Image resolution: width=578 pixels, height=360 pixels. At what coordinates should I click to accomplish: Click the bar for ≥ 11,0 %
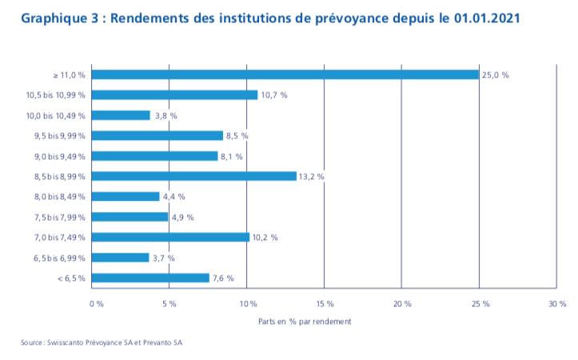pyautogui.click(x=285, y=74)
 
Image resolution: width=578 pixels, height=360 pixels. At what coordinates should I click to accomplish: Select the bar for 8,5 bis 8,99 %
pyautogui.click(x=193, y=176)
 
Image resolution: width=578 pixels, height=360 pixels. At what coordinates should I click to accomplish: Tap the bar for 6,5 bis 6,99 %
pyautogui.click(x=120, y=258)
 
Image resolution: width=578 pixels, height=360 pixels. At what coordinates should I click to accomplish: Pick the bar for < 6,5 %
pyautogui.click(x=150, y=278)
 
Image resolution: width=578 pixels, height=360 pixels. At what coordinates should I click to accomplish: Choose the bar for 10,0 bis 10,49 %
pyautogui.click(x=121, y=115)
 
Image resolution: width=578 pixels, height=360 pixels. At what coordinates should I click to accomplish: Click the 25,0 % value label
pyautogui.click(x=495, y=74)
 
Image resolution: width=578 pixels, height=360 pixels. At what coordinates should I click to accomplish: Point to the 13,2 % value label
pyautogui.click(x=312, y=176)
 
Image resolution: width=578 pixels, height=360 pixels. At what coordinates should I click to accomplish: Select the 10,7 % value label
pyautogui.click(x=273, y=94)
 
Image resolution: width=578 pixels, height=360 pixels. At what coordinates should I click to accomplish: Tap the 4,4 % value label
pyautogui.click(x=173, y=197)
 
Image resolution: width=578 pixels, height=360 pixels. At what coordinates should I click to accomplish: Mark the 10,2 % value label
pyautogui.click(x=265, y=238)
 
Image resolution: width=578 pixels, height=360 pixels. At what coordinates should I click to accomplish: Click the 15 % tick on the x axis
pyautogui.click(x=325, y=304)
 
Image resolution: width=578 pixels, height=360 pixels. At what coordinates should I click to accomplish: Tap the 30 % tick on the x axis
pyautogui.click(x=556, y=304)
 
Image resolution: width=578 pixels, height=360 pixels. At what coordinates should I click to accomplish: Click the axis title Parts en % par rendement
pyautogui.click(x=305, y=321)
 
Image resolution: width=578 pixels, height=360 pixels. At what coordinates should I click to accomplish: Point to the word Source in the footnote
pyautogui.click(x=33, y=342)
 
